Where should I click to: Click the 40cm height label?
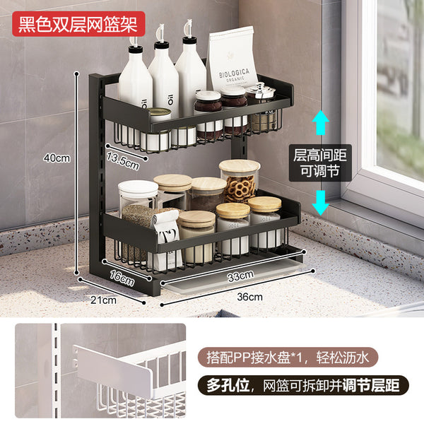(57, 158)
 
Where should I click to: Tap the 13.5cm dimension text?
(123, 161)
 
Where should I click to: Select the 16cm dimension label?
(122, 278)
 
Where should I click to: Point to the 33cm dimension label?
(240, 276)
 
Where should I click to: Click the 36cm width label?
(249, 297)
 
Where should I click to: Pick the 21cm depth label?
(103, 300)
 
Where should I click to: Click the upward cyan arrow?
(320, 122)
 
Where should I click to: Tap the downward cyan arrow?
(320, 203)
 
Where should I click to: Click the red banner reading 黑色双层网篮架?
(78, 24)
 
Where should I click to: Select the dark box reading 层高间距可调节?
(320, 163)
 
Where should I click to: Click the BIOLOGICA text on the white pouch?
(234, 73)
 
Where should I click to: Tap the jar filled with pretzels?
(240, 182)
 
